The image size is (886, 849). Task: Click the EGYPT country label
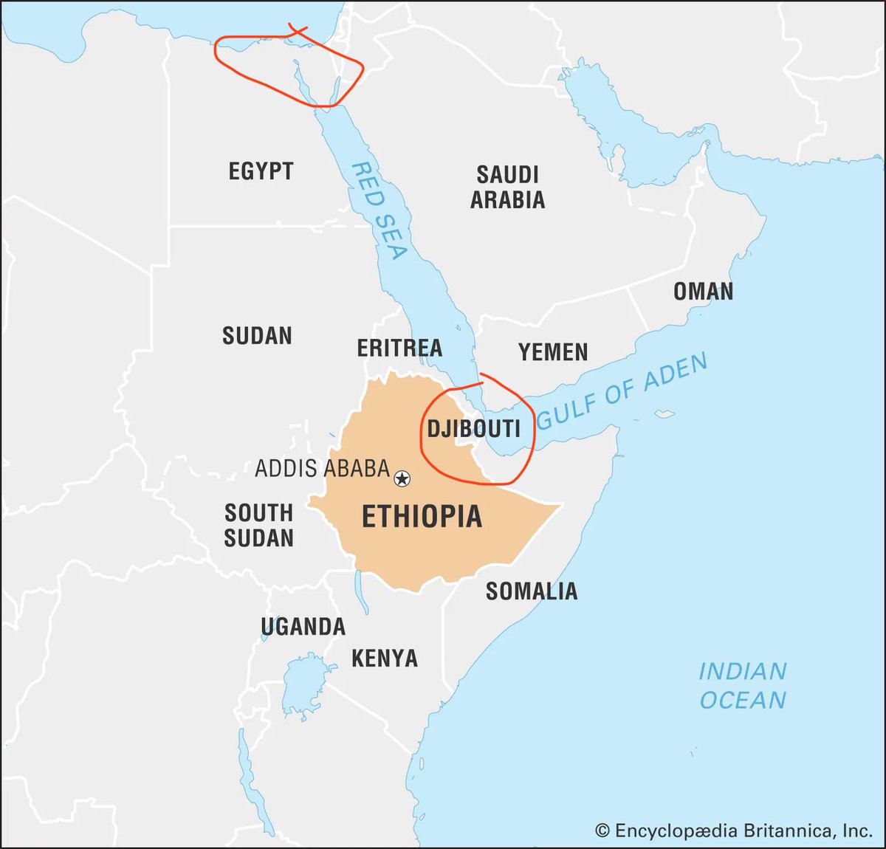[261, 171]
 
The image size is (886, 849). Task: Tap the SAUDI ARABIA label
[508, 187]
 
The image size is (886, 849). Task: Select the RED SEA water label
[379, 211]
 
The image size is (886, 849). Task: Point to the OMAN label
[703, 292]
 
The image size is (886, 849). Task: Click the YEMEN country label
[553, 352]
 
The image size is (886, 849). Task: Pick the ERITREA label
[399, 348]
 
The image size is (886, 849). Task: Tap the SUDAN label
[257, 336]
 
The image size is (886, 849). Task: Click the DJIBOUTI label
[473, 429]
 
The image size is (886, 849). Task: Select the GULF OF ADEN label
[622, 391]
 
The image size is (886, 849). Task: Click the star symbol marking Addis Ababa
[402, 479]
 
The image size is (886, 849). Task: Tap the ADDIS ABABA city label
[322, 468]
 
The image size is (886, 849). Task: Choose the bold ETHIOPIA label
[422, 517]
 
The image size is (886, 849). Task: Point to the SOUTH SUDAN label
[258, 525]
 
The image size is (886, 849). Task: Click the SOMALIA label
[531, 591]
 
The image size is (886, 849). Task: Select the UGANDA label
[303, 627]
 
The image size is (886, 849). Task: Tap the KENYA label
[384, 658]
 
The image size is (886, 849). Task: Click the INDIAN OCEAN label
[742, 686]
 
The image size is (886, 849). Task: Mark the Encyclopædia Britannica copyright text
[734, 831]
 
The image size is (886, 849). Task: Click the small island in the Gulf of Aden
[666, 413]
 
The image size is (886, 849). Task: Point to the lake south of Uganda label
[303, 683]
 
